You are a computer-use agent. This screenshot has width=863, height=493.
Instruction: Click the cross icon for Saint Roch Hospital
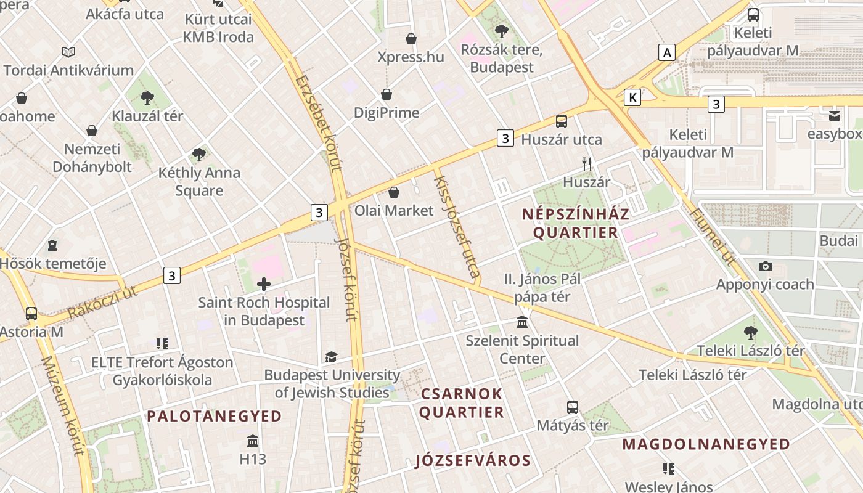coord(264,284)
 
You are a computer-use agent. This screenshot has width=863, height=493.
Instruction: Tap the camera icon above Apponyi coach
coord(766,266)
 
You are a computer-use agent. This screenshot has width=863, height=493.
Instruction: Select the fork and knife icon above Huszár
coord(587,163)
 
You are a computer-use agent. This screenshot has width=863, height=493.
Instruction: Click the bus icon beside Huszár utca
coord(561,121)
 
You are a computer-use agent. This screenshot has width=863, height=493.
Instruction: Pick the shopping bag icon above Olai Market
coord(394,192)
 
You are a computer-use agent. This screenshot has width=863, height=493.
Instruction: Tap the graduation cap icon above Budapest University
coord(331,357)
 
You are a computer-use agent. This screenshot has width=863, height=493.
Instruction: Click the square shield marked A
coord(666,53)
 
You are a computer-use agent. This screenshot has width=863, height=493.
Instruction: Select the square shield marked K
coord(632,97)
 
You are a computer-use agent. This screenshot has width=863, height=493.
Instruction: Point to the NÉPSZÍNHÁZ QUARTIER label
coord(576,223)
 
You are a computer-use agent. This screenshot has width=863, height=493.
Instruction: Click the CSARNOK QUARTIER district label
coord(462,403)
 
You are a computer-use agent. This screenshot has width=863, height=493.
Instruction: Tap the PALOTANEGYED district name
coord(214,416)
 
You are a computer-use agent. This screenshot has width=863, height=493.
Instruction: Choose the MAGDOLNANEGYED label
coord(706,444)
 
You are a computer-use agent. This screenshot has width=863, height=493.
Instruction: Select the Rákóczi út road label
coord(102,302)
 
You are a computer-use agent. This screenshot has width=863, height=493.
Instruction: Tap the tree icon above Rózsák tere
coord(502,31)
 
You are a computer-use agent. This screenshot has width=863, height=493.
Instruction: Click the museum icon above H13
coord(253,441)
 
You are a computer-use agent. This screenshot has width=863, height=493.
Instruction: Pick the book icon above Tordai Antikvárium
coord(68,52)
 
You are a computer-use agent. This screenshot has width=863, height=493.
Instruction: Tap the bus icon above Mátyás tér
coord(573,407)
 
